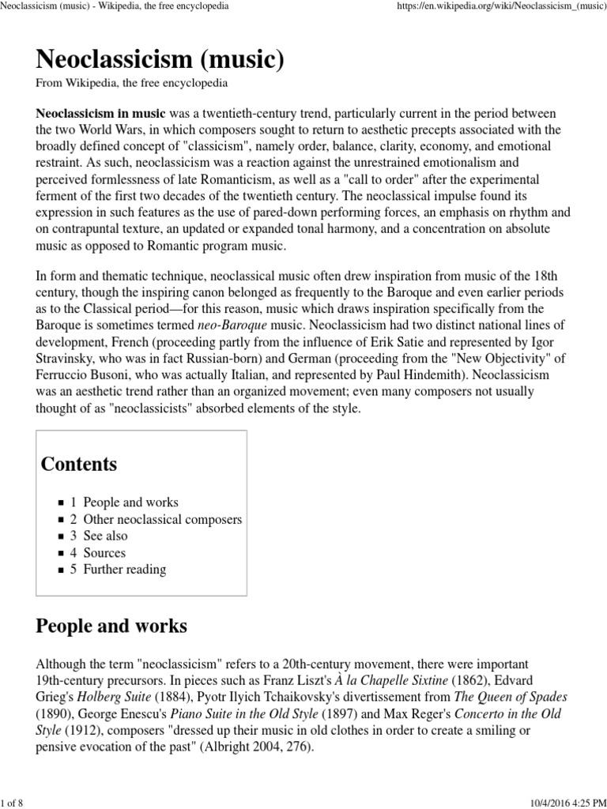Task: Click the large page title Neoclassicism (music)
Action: [x=160, y=59]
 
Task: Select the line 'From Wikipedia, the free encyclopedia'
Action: [x=133, y=83]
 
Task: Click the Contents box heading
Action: [x=79, y=464]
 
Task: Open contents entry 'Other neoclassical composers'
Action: [x=162, y=519]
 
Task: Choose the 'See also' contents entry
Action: [x=105, y=536]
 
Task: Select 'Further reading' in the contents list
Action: [x=124, y=569]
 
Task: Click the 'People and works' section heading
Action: [x=111, y=627]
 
